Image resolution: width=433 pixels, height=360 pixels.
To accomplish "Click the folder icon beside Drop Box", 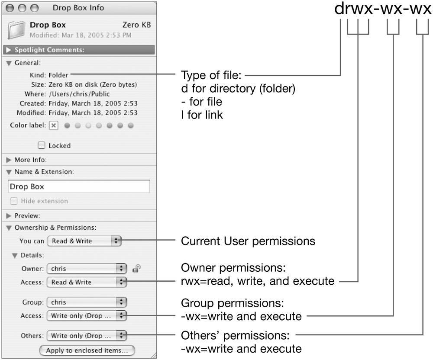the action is click(x=16, y=30).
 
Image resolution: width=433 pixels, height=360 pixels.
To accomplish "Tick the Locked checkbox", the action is click(x=42, y=145).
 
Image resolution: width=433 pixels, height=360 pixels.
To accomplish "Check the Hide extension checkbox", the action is click(x=14, y=201).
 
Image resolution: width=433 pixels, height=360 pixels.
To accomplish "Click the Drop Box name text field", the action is click(x=79, y=186).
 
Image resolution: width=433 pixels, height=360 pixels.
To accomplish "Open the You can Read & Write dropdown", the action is click(x=84, y=241).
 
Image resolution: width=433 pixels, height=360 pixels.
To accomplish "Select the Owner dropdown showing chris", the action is click(x=87, y=268).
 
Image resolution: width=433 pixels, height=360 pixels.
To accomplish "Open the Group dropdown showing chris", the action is click(x=87, y=302).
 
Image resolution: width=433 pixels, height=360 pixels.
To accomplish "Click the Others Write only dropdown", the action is click(x=87, y=336).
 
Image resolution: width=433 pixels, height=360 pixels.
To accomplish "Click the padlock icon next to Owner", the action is click(x=136, y=268).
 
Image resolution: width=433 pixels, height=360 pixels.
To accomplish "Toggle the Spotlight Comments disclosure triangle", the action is click(x=9, y=50).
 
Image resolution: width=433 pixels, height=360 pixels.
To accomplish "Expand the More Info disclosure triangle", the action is click(x=9, y=160).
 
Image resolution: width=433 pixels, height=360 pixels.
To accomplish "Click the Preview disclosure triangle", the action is click(x=9, y=215).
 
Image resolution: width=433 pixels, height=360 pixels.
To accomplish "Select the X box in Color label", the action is click(x=54, y=125).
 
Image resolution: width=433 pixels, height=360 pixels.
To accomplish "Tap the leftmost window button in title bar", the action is click(x=10, y=8).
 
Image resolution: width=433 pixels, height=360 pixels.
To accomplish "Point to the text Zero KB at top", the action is click(x=136, y=25).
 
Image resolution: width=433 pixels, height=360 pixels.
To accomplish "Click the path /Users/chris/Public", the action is click(x=79, y=94).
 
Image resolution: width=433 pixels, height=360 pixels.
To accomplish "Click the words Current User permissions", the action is click(x=248, y=241).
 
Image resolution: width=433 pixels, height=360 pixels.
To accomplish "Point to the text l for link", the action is click(x=202, y=115).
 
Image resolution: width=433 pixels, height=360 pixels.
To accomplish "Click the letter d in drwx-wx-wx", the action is click(x=339, y=8).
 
